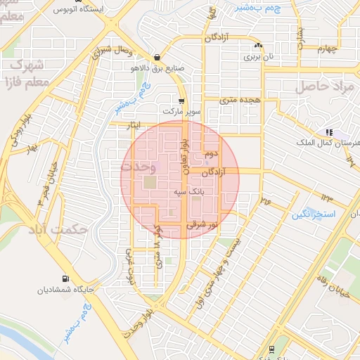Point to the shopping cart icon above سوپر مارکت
coord(181,101)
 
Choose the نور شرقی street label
coord(204,225)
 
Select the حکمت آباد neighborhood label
coord(57,230)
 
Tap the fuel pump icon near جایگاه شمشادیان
coord(66,278)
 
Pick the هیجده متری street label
coord(240,101)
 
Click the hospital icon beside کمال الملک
coord(328,132)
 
